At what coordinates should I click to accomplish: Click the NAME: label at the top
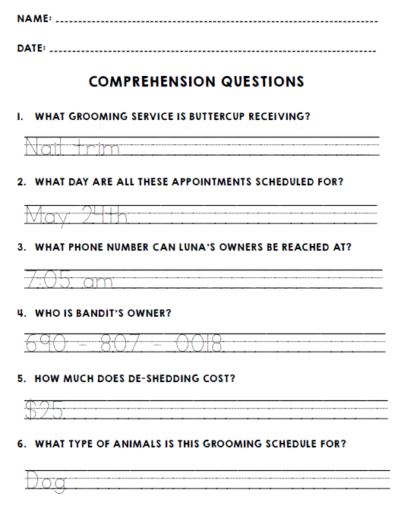(34, 17)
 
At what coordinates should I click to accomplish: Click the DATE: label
(31, 48)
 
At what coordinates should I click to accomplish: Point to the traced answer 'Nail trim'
(72, 147)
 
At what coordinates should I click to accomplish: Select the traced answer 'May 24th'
(76, 215)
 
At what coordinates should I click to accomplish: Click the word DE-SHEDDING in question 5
(153, 378)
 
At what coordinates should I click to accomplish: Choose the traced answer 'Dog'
(46, 480)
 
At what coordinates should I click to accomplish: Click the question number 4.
(21, 313)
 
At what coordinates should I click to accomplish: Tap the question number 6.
(21, 444)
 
